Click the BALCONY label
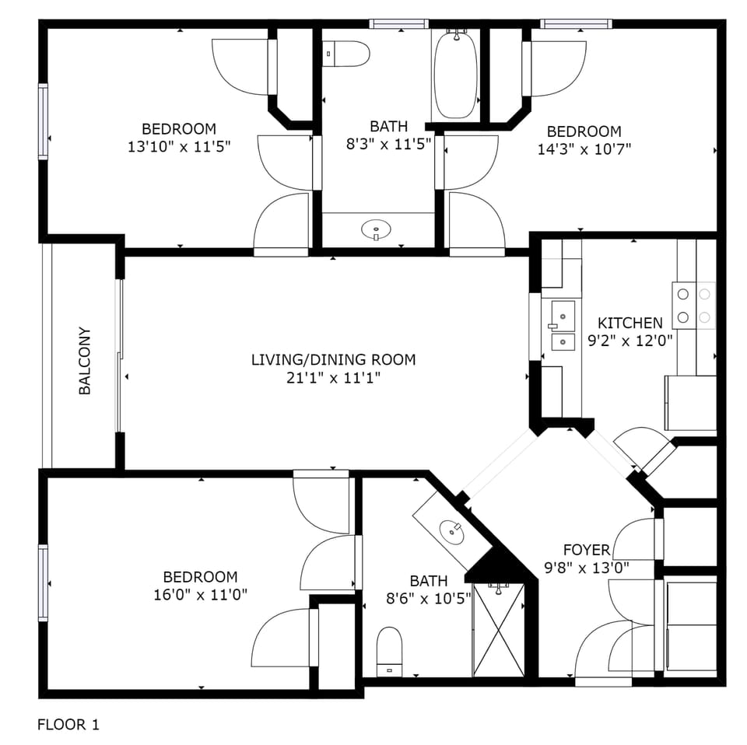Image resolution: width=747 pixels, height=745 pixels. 85,361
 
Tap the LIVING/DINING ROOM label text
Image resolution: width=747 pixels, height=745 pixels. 333,360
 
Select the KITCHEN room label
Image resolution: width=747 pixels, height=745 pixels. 630,323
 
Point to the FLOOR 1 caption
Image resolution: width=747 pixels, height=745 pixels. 68,725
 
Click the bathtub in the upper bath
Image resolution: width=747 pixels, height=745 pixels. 455,75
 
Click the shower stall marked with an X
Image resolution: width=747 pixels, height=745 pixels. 498,629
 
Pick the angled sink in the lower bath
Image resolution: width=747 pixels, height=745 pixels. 451,531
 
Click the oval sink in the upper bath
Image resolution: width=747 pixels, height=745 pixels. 377,229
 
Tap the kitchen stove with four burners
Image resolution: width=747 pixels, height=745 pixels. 693,305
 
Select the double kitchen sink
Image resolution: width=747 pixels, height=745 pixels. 562,326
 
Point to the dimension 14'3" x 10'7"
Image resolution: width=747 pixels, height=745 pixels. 584,149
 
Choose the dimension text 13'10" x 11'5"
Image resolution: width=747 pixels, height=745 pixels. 179,146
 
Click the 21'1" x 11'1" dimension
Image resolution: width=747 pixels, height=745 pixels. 333,378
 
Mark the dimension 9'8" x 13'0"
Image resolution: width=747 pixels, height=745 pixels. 587,568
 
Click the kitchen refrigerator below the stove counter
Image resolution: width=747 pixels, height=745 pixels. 690,402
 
